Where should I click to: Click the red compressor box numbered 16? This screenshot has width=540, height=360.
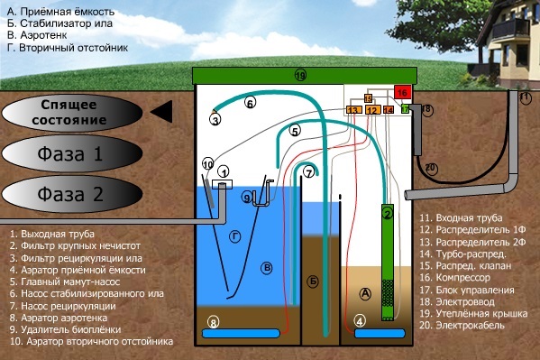click(x=403, y=92)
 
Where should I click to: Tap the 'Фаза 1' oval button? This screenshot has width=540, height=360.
click(x=72, y=153)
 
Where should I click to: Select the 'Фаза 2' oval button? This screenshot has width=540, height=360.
click(x=72, y=194)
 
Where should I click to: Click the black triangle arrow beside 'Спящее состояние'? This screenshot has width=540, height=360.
click(x=162, y=111)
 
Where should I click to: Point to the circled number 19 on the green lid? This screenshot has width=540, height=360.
click(x=300, y=75)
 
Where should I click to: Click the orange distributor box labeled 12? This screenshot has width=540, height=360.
click(x=372, y=110)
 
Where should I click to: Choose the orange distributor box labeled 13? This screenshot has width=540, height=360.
click(x=353, y=110)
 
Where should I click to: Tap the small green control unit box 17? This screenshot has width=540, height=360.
click(x=406, y=109)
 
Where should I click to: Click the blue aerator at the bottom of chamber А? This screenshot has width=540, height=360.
click(x=380, y=334)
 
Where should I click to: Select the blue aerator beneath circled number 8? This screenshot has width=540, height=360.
click(x=241, y=334)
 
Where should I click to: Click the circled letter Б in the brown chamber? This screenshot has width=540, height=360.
click(x=313, y=282)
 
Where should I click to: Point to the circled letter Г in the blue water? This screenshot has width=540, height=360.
click(x=235, y=237)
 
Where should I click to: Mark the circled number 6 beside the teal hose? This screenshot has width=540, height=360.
click(x=250, y=103)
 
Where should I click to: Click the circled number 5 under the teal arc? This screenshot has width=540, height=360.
click(x=295, y=131)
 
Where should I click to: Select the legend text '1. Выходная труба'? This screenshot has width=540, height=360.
click(x=52, y=234)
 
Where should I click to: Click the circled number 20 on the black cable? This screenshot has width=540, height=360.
click(x=431, y=169)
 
